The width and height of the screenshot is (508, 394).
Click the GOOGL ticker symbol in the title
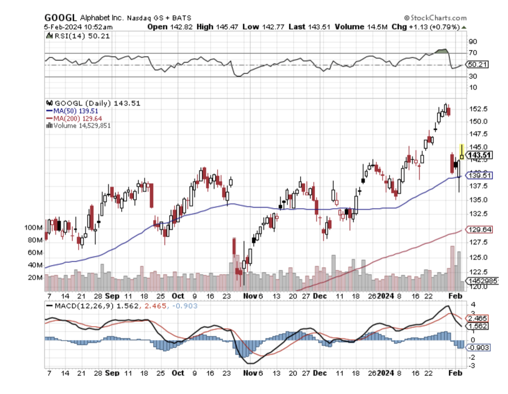(x=60, y=17)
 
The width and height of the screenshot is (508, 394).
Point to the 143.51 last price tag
(x=480, y=155)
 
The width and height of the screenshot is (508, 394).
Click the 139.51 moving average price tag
(x=480, y=175)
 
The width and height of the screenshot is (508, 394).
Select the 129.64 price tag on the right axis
(x=480, y=229)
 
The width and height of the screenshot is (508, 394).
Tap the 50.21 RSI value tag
(x=478, y=64)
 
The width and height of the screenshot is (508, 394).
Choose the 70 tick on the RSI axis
(x=473, y=53)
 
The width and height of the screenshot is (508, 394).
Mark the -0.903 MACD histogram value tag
(x=479, y=348)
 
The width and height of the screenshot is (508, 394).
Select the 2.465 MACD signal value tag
(x=478, y=318)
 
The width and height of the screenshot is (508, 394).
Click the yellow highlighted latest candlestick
(x=462, y=152)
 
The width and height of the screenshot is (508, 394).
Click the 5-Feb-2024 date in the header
(x=63, y=27)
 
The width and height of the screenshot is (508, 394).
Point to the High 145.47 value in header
(x=217, y=27)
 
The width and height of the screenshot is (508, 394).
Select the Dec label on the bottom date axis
(x=320, y=373)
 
